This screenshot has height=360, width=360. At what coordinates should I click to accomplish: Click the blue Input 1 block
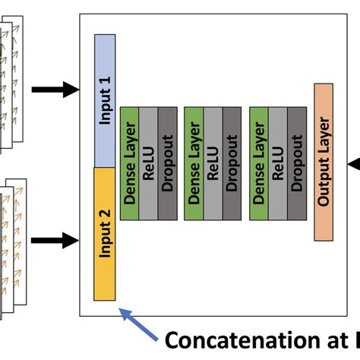[x=104, y=99]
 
